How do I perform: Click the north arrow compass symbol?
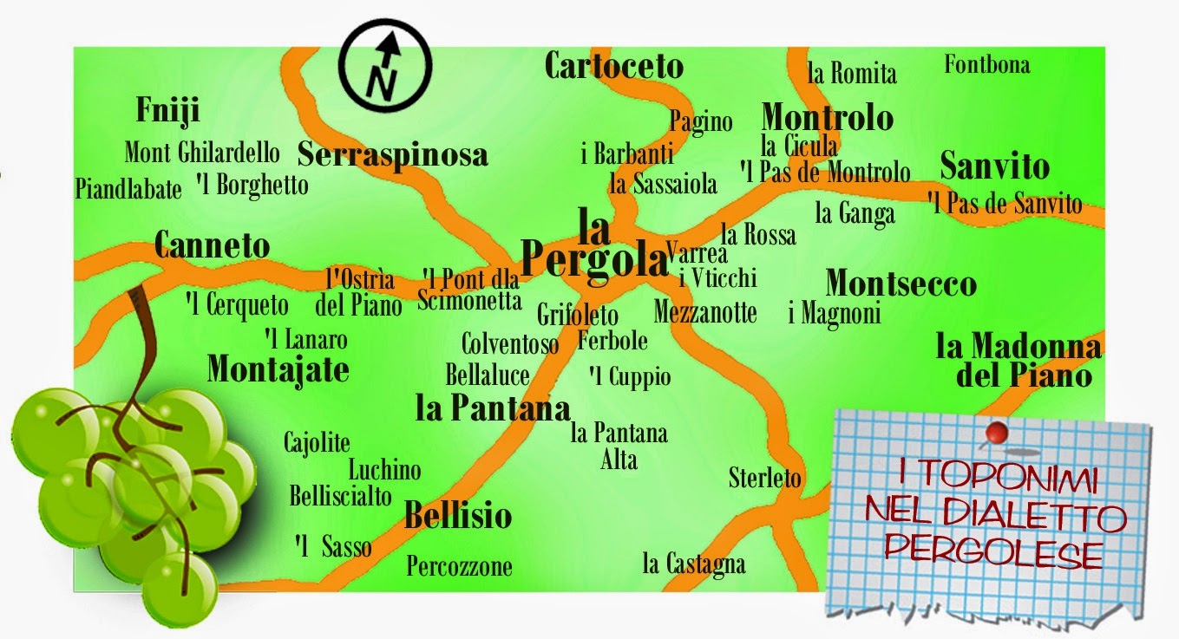point(384,68)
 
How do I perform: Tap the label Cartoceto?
point(614,65)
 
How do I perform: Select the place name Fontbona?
point(986,64)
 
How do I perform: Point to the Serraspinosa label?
point(392,154)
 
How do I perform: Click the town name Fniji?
point(168,111)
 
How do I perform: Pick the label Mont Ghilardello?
point(202,153)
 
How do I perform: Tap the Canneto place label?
point(212,246)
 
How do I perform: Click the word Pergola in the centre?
point(594,257)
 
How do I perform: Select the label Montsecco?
point(901,284)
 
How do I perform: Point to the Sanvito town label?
point(994,166)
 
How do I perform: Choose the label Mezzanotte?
point(705,311)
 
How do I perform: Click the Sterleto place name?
point(765,477)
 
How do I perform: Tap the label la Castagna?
point(693,564)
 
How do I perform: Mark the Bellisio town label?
point(458,516)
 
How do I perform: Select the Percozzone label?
point(460,567)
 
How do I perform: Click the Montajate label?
point(278,369)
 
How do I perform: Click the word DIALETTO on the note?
point(1032,518)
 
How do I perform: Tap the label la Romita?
point(852,74)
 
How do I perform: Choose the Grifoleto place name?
point(578,314)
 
